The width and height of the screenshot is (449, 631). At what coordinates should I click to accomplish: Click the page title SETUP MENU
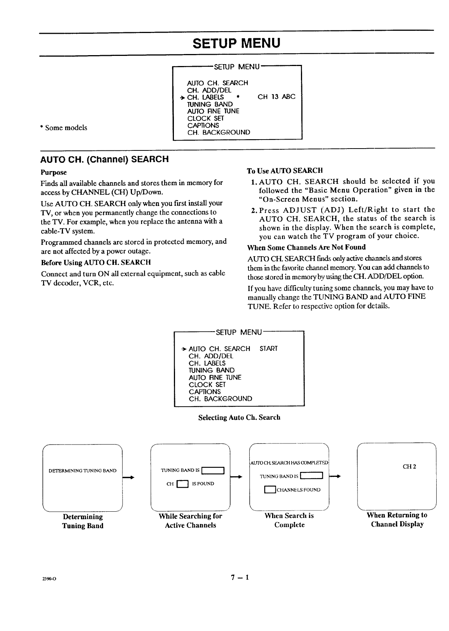(236, 43)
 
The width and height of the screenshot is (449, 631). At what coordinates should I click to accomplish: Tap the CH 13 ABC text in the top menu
(276, 97)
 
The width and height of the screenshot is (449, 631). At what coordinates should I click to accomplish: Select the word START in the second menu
(268, 349)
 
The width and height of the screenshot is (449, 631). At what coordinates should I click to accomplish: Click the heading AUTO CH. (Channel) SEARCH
(105, 159)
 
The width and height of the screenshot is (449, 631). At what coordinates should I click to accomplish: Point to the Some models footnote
(64, 128)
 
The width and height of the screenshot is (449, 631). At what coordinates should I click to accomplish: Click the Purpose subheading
(54, 173)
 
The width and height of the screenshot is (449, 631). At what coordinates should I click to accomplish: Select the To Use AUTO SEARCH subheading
(284, 171)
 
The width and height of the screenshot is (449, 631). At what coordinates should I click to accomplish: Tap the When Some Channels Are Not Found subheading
(306, 247)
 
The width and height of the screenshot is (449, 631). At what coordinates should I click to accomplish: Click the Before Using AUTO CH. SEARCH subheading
(96, 262)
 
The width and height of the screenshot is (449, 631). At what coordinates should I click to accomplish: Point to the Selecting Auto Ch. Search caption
(239, 418)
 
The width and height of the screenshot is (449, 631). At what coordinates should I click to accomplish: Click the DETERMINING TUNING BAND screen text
(82, 471)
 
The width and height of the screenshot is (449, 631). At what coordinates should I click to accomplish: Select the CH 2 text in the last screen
(409, 467)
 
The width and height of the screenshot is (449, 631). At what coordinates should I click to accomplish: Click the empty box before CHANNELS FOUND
(270, 490)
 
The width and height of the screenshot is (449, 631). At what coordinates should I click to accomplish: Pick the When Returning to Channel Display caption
(397, 520)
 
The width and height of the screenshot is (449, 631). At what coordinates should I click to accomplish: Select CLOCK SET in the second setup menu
(207, 385)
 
